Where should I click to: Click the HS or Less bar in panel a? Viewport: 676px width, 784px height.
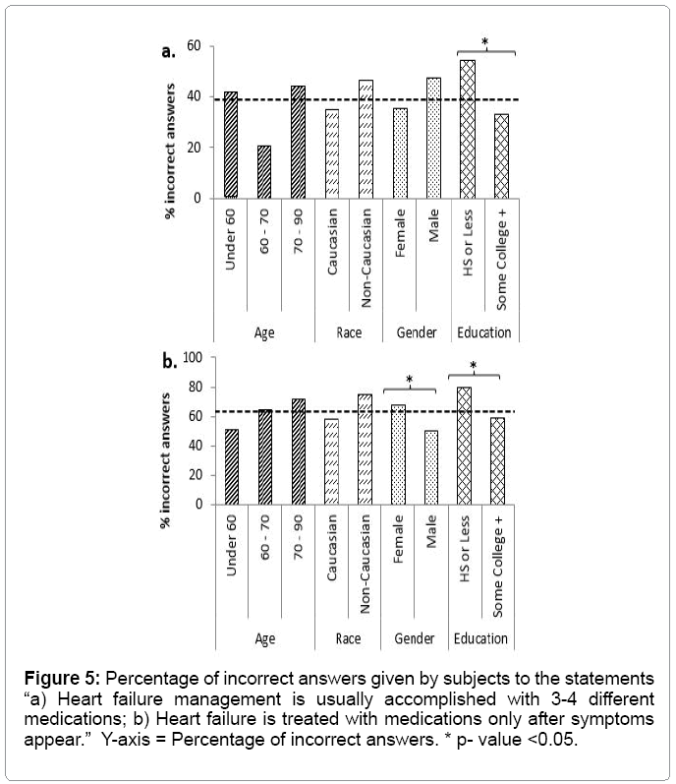(468, 129)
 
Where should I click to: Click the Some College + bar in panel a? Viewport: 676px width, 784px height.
(501, 155)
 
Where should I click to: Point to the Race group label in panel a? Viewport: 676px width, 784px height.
(349, 332)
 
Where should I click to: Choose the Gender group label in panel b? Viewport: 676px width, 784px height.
(416, 639)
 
